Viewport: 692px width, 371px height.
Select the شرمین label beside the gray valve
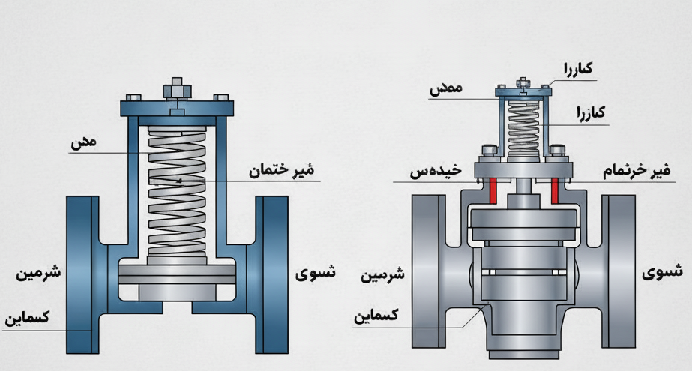383,274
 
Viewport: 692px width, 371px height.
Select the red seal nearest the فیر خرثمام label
554,190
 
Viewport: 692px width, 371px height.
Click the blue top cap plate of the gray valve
523,93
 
